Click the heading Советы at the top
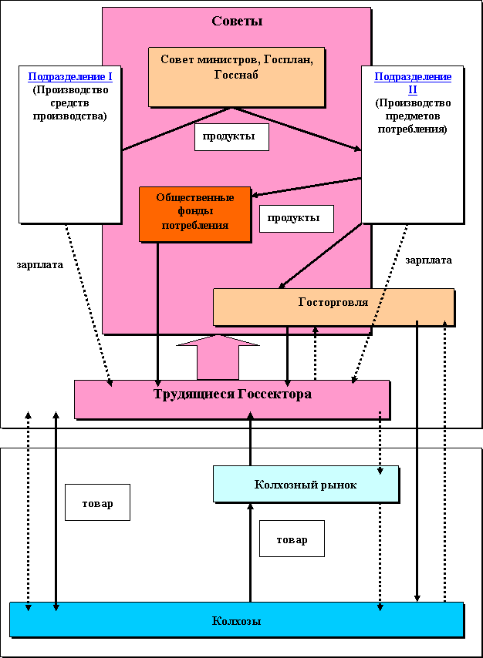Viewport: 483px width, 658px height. [237, 21]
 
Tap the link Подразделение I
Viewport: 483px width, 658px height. [69, 76]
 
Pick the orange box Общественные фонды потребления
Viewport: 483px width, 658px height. [194, 213]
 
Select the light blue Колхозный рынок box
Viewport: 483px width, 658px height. [306, 484]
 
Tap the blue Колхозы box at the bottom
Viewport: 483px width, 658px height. [236, 619]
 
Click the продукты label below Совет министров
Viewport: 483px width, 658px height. [231, 137]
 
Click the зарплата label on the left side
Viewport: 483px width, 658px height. [40, 264]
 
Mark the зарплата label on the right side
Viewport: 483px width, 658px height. [428, 260]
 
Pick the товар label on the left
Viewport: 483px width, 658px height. [97, 503]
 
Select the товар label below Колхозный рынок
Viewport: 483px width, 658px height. [292, 539]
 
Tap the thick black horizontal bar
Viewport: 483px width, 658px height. [241, 437]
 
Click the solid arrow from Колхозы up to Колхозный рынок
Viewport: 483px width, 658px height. [250, 551]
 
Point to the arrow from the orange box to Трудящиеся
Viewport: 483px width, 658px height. [157, 308]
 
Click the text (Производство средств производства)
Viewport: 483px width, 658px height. [69, 102]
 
